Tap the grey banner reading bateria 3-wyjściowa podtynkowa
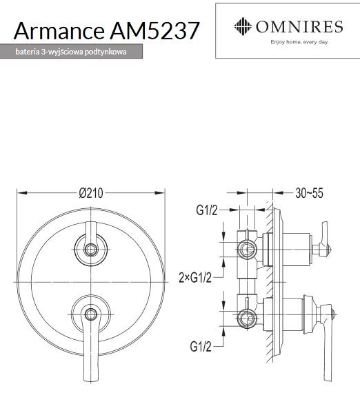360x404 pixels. pyautogui.click(x=72, y=52)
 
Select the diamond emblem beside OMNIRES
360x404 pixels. pyautogui.click(x=242, y=27)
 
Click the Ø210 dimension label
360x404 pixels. pyautogui.click(x=91, y=193)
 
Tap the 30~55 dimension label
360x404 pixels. pyautogui.click(x=309, y=193)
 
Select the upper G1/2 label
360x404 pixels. pyautogui.click(x=206, y=211)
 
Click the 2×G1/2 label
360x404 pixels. pyautogui.click(x=195, y=277)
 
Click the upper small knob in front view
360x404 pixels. pyautogui.click(x=91, y=248)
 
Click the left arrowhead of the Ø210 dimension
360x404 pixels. pyautogui.click(x=19, y=193)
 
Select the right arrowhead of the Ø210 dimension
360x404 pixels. pyautogui.click(x=163, y=193)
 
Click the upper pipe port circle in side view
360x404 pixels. pyautogui.click(x=246, y=248)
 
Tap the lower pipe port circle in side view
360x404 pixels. pyautogui.click(x=246, y=319)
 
